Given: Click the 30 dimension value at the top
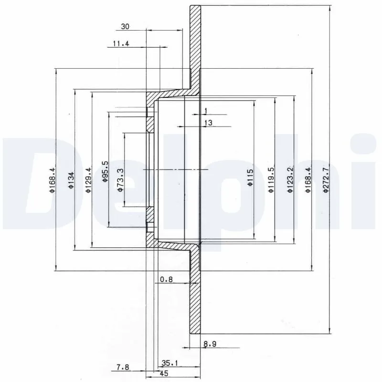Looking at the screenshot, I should (x=125, y=27).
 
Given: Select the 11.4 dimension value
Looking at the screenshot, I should (x=121, y=44).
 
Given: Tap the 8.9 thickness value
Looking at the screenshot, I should (x=210, y=343).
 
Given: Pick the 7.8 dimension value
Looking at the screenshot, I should (x=124, y=367).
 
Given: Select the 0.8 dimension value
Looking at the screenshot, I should (x=166, y=280).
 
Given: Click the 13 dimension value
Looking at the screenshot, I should (x=208, y=123).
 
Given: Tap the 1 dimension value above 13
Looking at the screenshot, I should (x=205, y=111).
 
